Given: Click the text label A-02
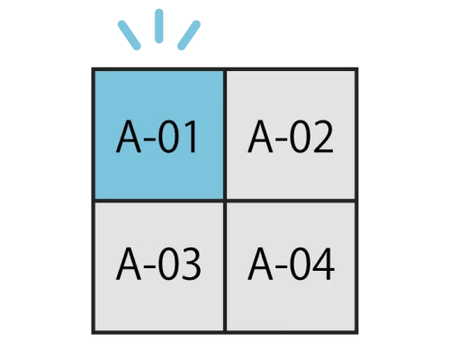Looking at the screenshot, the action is click(x=291, y=137).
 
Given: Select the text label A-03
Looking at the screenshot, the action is click(x=158, y=264).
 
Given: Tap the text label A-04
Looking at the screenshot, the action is click(x=291, y=264).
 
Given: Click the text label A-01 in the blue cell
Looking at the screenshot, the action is click(x=157, y=137).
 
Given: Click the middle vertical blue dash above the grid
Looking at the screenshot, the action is click(x=159, y=26).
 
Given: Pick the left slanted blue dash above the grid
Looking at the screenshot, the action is click(x=130, y=35).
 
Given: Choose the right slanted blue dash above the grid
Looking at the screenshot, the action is click(x=189, y=35).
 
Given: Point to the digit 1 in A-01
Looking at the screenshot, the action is click(x=192, y=137).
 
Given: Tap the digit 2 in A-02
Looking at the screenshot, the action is click(x=322, y=137).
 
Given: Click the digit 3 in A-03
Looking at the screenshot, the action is click(x=190, y=264).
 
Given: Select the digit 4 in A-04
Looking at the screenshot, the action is click(x=323, y=264).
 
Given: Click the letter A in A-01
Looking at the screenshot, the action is click(x=129, y=137).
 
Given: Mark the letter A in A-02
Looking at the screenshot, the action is click(x=260, y=137).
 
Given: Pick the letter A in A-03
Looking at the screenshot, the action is click(x=129, y=264).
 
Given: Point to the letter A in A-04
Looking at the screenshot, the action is click(x=260, y=264).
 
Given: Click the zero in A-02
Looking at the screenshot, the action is click(x=298, y=137).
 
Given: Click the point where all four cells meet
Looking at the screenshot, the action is click(x=225, y=201).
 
